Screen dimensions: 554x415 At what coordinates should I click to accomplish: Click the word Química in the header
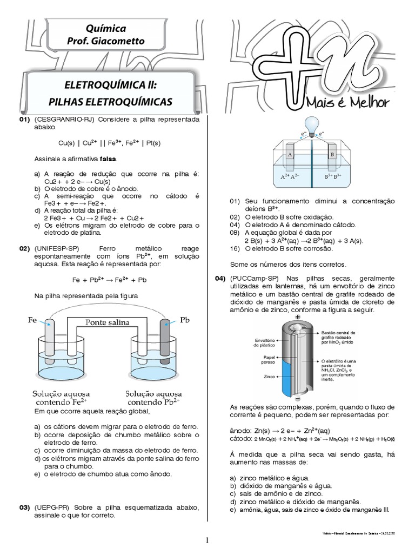[x=106, y=28]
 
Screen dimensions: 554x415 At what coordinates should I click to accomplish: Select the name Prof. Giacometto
[x=106, y=41]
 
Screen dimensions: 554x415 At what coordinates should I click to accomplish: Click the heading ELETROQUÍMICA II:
[x=110, y=85]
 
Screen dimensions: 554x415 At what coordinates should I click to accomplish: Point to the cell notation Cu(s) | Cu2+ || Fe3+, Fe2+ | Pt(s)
[x=109, y=143]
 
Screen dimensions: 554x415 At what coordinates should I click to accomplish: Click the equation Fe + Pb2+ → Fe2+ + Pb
[x=109, y=280]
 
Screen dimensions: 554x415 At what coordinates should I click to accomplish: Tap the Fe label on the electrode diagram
[x=32, y=320]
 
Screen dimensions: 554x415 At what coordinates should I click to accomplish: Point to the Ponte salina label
[x=107, y=322]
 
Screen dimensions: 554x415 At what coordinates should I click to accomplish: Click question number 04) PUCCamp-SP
[x=220, y=278]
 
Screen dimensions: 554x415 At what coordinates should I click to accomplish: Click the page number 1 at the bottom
[x=207, y=540]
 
